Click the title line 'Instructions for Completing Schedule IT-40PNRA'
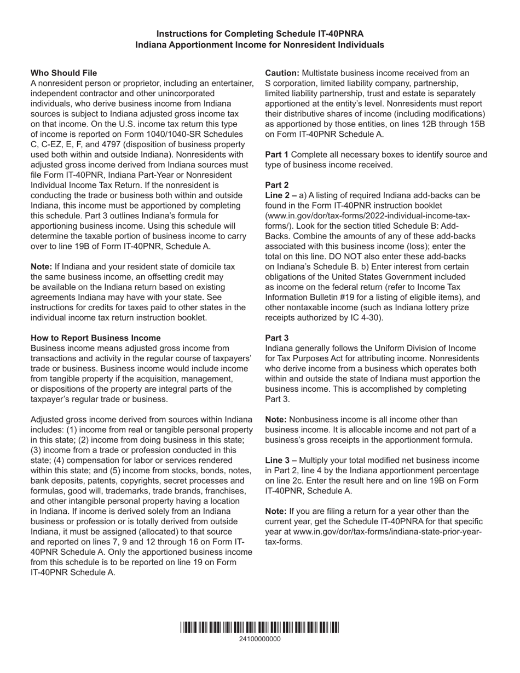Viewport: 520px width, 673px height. click(x=259, y=34)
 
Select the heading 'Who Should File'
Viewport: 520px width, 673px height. click(x=63, y=73)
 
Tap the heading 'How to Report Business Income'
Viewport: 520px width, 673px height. click(x=95, y=338)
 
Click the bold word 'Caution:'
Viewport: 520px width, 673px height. click(x=282, y=73)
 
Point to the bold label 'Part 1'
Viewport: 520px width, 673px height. click(x=277, y=154)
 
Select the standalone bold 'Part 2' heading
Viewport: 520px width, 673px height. click(x=277, y=185)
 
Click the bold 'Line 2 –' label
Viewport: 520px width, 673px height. click(x=281, y=195)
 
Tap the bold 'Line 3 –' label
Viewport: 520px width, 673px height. click(x=281, y=460)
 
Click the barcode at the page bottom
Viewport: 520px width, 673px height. click(x=259, y=627)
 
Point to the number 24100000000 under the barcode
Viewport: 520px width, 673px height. click(x=259, y=639)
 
